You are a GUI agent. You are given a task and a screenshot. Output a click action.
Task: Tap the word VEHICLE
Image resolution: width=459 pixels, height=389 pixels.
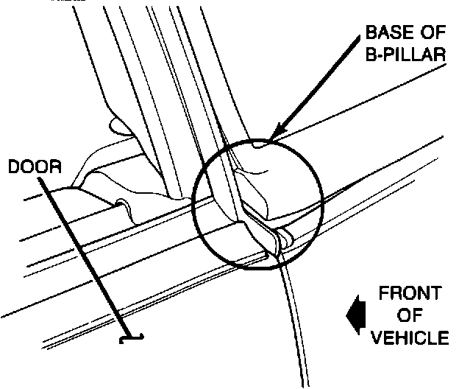click(410, 338)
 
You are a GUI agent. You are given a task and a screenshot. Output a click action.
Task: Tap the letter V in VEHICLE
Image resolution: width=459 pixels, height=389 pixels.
click(377, 338)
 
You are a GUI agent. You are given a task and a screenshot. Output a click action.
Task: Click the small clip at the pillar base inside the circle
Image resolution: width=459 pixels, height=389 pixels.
click(282, 237)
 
